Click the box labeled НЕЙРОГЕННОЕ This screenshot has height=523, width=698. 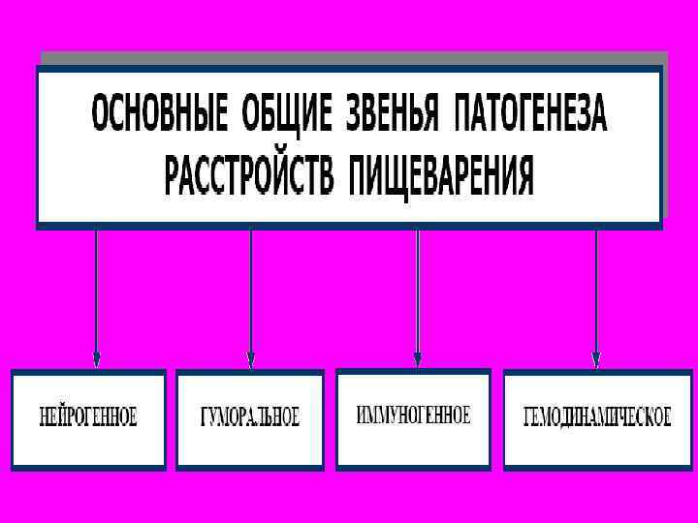click(88, 419)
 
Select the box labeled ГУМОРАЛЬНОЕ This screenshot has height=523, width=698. click(250, 419)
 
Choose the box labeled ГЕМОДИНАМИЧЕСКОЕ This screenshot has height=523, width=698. click(597, 419)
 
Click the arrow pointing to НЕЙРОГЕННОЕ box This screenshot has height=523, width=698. click(96, 291)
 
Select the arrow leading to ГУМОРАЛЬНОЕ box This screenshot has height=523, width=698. click(251, 291)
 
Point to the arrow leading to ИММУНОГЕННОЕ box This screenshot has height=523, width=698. click(418, 291)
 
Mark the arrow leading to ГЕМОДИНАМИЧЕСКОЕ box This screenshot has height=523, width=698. click(596, 291)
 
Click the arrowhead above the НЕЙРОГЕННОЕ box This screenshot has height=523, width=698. click(96, 359)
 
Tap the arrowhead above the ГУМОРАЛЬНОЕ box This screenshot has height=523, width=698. click(251, 360)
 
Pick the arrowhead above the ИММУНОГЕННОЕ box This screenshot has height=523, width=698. click(418, 359)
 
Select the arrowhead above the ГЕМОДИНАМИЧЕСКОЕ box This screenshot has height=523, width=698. click(596, 359)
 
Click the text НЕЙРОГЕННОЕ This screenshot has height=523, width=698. click(88, 418)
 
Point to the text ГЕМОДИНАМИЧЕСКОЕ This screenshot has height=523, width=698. click(597, 418)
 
